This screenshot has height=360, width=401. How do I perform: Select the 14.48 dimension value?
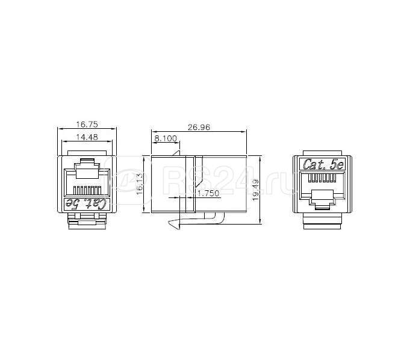tap(85, 137)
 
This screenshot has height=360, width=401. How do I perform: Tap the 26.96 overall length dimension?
tap(199, 127)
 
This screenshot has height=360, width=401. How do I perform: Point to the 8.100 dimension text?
tap(166, 138)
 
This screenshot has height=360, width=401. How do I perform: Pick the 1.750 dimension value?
tap(208, 193)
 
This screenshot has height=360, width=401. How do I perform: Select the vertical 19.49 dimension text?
tap(255, 191)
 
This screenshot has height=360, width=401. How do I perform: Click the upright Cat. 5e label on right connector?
tap(322, 164)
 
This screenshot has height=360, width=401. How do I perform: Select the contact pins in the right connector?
tap(322, 179)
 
